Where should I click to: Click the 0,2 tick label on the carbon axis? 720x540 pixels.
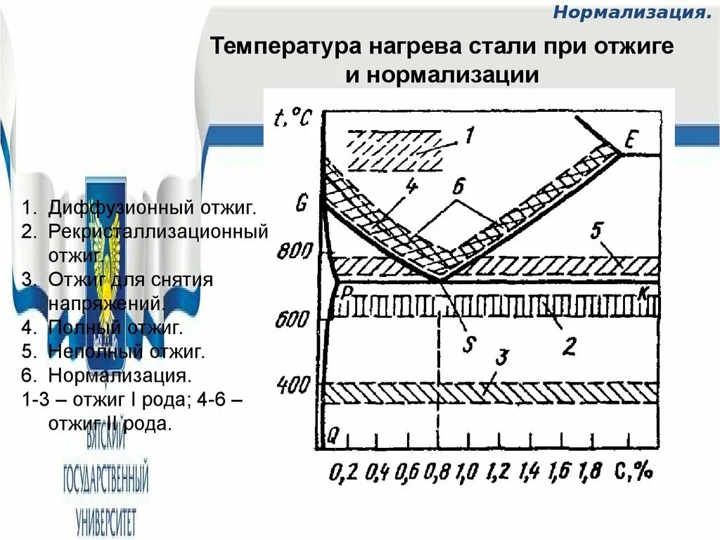(344, 472)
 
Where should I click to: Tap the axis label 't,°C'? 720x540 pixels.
(290, 116)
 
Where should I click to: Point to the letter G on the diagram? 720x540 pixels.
(302, 205)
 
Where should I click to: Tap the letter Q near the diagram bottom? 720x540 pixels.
(333, 436)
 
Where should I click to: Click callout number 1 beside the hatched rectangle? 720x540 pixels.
(469, 134)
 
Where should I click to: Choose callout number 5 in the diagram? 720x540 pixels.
(598, 232)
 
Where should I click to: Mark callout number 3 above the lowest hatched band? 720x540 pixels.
(501, 357)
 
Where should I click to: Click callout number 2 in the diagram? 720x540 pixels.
(570, 345)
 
